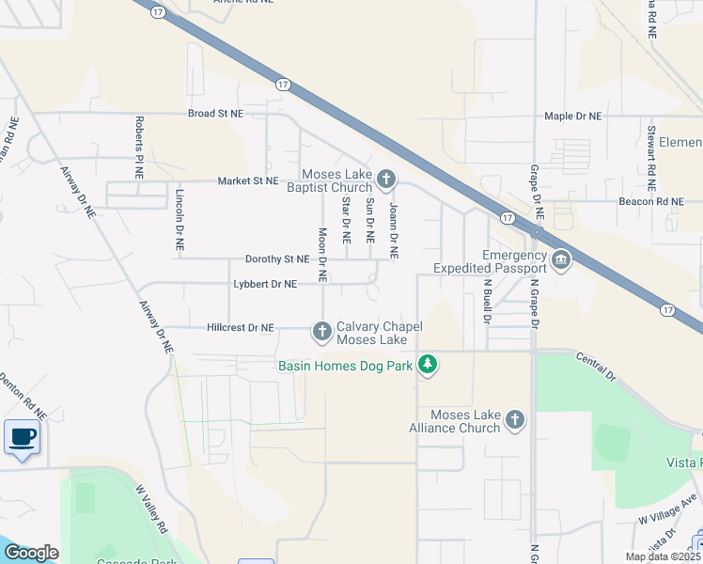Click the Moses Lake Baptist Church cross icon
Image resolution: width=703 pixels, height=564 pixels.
[386, 179]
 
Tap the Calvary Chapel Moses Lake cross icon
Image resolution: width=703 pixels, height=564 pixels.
[322, 330]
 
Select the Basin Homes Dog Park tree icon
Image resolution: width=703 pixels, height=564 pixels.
[428, 364]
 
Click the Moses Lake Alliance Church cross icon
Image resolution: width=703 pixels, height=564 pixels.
[514, 420]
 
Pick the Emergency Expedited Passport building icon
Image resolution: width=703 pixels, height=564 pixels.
[561, 260]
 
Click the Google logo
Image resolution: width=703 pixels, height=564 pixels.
[31, 553]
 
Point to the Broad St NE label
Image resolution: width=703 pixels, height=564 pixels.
[215, 113]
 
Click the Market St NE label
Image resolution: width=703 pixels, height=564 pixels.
[248, 180]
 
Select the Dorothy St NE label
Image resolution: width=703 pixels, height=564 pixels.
[276, 258]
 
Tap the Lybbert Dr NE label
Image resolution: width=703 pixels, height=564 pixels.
[265, 284]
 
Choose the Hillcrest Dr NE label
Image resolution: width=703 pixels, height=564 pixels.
[240, 328]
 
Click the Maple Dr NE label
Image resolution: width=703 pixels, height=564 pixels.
[572, 117]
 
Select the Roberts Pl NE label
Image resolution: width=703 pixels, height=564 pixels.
[139, 141]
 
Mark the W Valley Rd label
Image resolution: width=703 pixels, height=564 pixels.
[150, 508]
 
